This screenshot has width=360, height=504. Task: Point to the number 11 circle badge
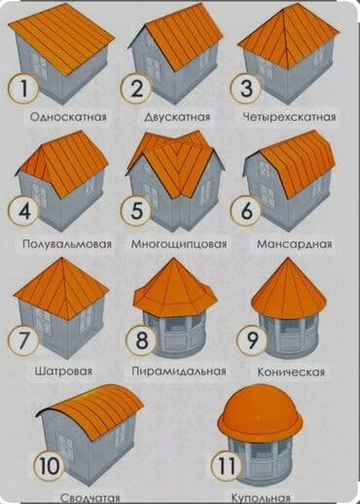click(226, 466)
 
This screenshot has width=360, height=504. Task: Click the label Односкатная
click(67, 117)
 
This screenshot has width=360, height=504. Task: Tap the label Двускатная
click(178, 117)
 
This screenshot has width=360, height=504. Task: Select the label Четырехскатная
click(290, 117)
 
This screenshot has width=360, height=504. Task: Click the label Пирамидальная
click(179, 371)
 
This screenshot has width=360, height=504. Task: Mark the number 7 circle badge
click(23, 341)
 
